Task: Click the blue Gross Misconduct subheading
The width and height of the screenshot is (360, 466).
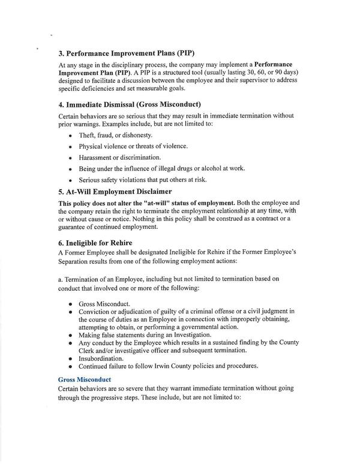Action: pos(85,380)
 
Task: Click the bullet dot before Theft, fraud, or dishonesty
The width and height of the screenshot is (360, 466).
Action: pos(71,136)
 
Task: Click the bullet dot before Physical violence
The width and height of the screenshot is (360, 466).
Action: pos(71,147)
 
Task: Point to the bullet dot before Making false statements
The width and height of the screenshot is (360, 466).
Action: pos(71,335)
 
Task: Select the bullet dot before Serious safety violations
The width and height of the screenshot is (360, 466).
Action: pos(71,180)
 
